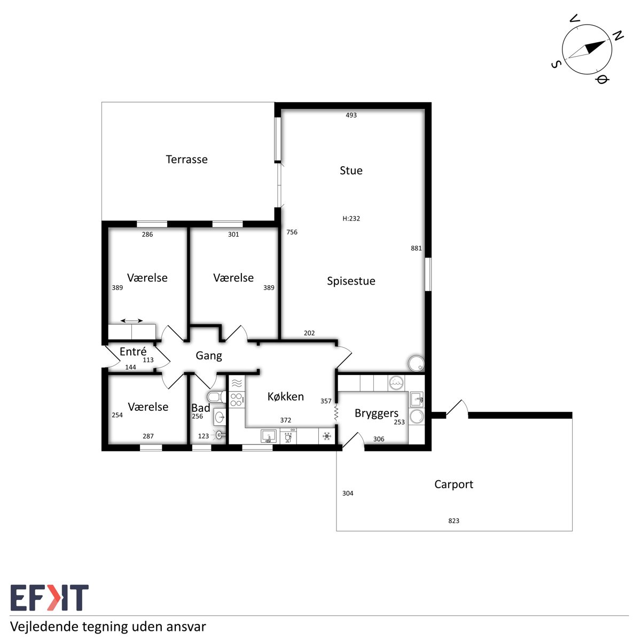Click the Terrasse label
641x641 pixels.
pyautogui.click(x=186, y=159)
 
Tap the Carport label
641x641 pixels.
pyautogui.click(x=454, y=484)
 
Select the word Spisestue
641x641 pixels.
pyautogui.click(x=351, y=281)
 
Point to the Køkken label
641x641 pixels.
pyautogui.click(x=286, y=396)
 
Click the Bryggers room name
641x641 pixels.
pyautogui.click(x=376, y=413)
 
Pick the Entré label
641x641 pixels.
pyautogui.click(x=133, y=351)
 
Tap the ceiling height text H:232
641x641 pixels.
pyautogui.click(x=351, y=218)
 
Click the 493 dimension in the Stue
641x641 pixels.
pyautogui.click(x=351, y=115)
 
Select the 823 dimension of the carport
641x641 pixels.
pyautogui.click(x=454, y=521)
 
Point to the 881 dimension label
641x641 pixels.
pyautogui.click(x=416, y=248)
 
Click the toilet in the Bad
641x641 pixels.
pyautogui.click(x=216, y=397)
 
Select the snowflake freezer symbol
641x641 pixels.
pyautogui.click(x=327, y=436)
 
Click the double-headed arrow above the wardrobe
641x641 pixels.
pyautogui.click(x=132, y=320)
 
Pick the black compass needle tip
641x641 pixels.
pyautogui.click(x=605, y=41)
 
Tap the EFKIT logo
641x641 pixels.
pyautogui.click(x=50, y=598)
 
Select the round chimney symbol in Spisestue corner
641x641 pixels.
pyautogui.click(x=417, y=363)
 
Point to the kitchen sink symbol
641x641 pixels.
pyautogui.click(x=269, y=436)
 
